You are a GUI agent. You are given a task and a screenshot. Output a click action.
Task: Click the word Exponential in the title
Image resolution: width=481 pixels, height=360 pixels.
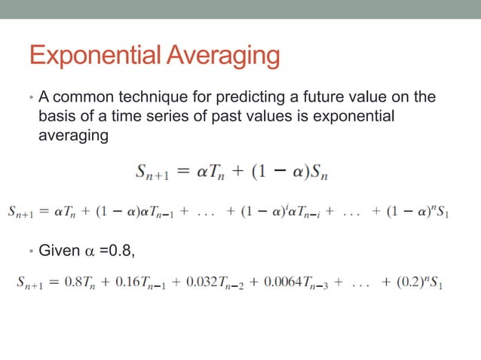point(93,56)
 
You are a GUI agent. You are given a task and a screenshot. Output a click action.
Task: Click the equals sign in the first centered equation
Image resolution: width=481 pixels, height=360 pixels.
point(183,173)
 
